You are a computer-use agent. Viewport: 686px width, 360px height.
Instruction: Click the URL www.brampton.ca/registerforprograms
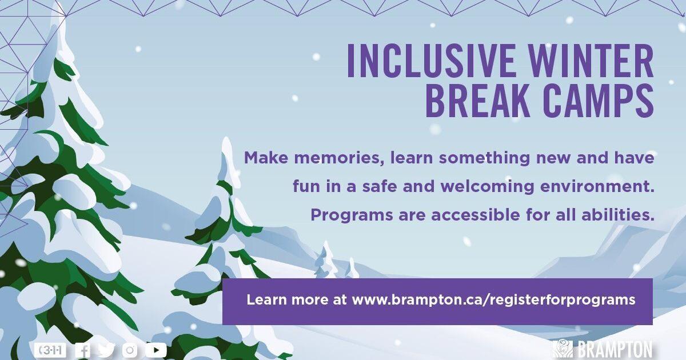pyautogui.click(x=493, y=299)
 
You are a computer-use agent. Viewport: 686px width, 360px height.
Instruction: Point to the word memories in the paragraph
pyautogui.click(x=341, y=158)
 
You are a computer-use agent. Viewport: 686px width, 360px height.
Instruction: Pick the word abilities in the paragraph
pyautogui.click(x=619, y=215)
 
